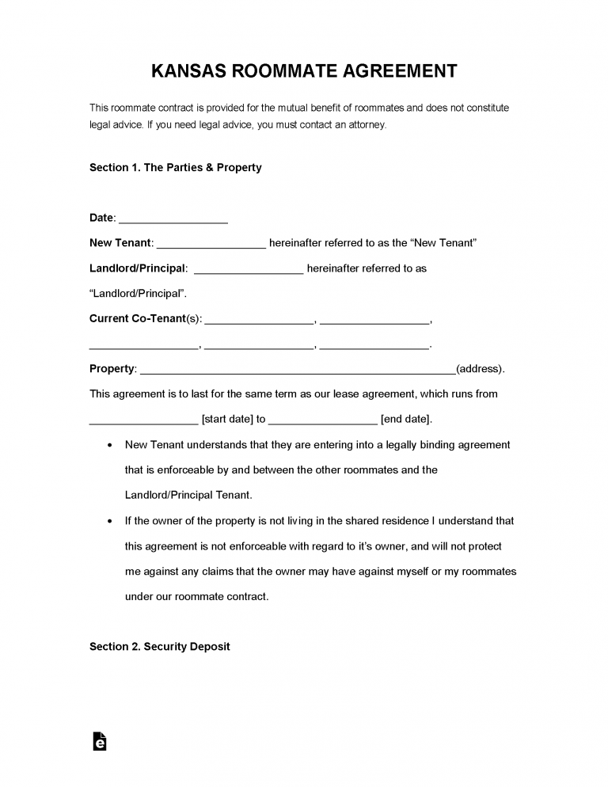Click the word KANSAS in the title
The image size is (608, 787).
click(x=187, y=71)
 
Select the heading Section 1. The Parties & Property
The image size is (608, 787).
click(x=175, y=168)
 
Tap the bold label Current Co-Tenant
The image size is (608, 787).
click(x=136, y=319)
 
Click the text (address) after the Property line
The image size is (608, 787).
click(x=480, y=369)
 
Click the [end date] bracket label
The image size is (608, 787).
click(x=406, y=420)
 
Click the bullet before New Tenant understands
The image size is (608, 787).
click(x=108, y=445)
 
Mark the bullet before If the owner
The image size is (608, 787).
click(x=108, y=521)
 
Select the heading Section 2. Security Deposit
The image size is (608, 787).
click(x=159, y=647)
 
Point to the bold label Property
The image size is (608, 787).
click(x=112, y=369)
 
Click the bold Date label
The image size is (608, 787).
click(x=102, y=218)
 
